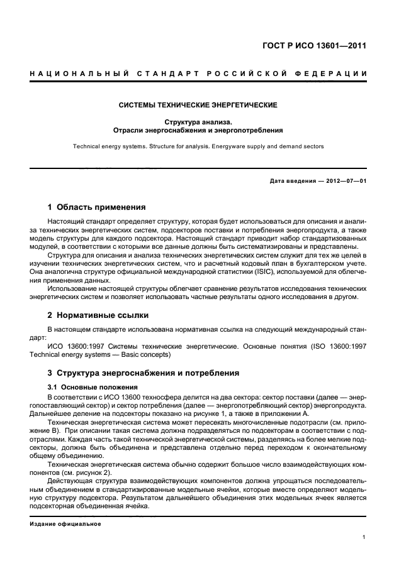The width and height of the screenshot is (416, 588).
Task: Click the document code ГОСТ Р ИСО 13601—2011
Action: coord(315,46)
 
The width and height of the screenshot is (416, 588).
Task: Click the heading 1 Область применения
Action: coord(97,207)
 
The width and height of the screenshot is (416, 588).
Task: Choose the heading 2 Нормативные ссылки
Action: coord(99,315)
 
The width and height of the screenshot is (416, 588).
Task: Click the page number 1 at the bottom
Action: coord(364,536)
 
